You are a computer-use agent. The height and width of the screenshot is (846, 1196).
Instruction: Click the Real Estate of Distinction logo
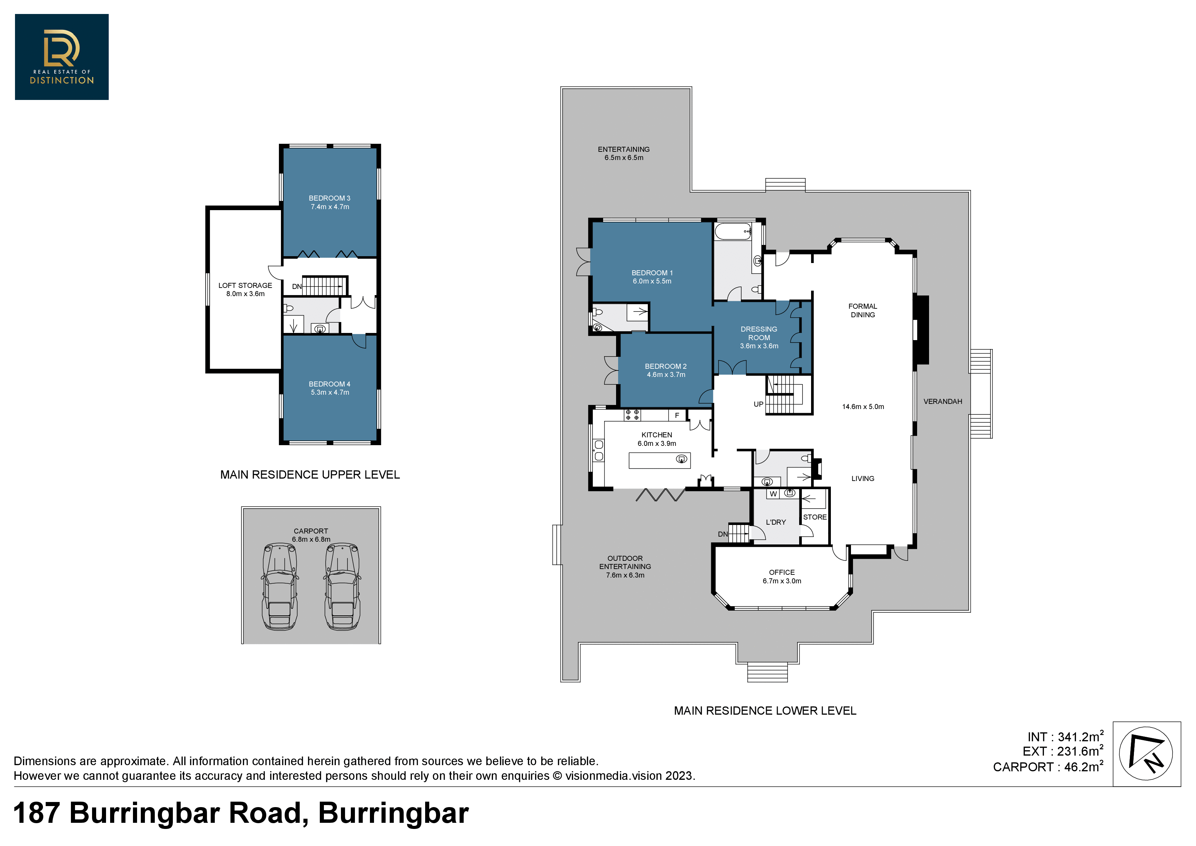[x=61, y=57]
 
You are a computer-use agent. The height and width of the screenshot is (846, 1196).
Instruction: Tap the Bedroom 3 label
[x=330, y=202]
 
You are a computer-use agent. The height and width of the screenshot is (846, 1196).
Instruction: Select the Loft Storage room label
[x=245, y=289]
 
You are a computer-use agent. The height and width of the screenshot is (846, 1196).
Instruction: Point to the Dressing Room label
[x=759, y=337]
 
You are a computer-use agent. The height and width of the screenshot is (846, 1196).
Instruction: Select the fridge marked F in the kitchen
[x=677, y=415]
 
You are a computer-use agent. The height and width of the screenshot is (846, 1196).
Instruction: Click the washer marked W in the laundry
[x=773, y=494]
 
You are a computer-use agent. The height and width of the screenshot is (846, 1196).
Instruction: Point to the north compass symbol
[x=1146, y=754]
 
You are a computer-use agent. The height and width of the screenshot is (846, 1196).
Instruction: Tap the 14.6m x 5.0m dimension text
[x=863, y=407]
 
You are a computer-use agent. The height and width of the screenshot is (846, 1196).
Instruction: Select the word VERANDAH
[x=943, y=402]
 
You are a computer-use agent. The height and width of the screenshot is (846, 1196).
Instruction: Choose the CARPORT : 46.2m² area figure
[x=1048, y=766]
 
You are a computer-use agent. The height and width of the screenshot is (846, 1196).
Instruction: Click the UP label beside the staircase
[x=759, y=404]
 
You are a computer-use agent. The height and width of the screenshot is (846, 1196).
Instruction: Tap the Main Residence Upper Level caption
[x=310, y=475]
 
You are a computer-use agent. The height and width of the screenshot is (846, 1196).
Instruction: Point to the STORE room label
[x=815, y=517]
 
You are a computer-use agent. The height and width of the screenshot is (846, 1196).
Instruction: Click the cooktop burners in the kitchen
[x=632, y=415]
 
